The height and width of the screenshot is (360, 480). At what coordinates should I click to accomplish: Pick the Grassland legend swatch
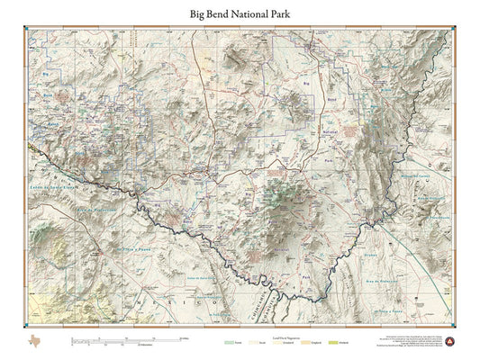coord(293,341)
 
